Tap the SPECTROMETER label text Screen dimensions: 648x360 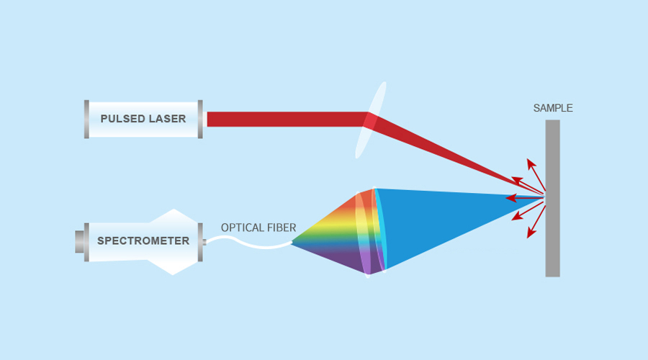[143, 240]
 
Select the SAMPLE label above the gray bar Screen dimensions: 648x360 [553, 108]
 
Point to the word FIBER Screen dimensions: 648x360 [280, 228]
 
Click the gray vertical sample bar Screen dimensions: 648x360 [552, 199]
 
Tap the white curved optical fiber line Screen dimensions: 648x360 [248, 243]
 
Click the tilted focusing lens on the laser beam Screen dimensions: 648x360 [371, 120]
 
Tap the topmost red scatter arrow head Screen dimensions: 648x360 [531, 163]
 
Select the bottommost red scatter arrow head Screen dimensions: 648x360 [531, 233]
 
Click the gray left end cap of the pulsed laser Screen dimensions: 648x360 [86, 119]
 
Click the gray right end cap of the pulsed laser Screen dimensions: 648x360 [200, 119]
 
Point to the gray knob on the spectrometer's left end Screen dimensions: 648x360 [79, 242]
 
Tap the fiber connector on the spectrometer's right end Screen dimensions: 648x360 [204, 242]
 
